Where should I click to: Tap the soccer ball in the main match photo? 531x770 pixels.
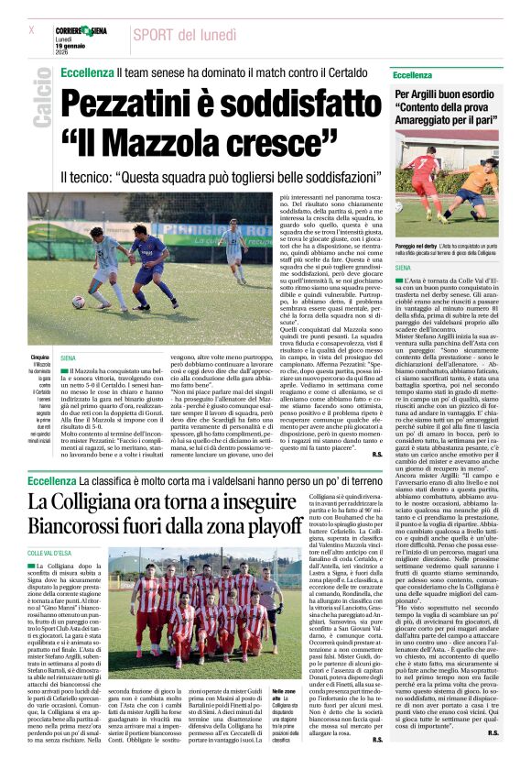80,301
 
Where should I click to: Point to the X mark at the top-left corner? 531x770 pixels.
32,29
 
